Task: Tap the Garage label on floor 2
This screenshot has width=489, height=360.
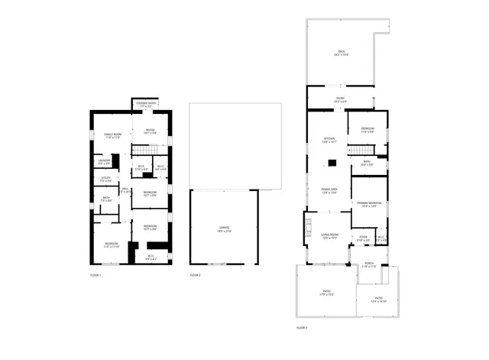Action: click(x=225, y=229)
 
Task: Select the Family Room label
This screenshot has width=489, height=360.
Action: click(x=113, y=136)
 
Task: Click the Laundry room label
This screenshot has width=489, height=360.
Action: click(x=104, y=161)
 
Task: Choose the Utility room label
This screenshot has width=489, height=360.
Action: click(x=106, y=180)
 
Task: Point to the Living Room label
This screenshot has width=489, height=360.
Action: click(x=330, y=236)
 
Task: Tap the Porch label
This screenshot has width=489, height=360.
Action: click(x=369, y=264)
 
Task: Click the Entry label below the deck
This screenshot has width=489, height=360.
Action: click(x=340, y=99)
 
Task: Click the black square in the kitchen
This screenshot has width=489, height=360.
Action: click(x=333, y=162)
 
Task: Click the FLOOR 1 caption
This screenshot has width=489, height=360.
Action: click(x=96, y=274)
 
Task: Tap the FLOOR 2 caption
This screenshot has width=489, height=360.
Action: click(x=195, y=274)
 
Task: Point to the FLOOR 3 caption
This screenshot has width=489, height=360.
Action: click(x=301, y=327)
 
